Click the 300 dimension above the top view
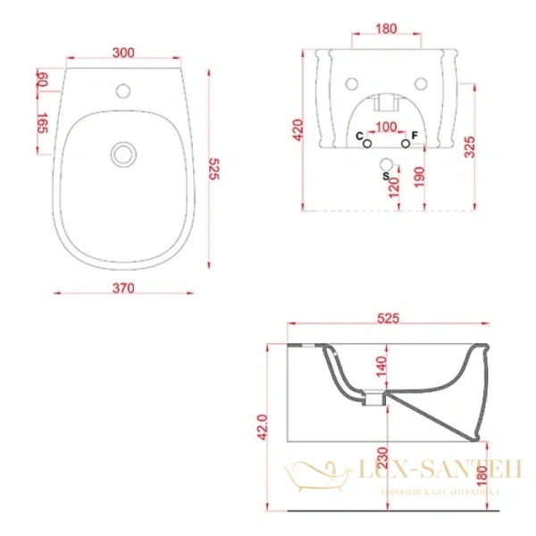(123, 53)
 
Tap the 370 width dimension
(123, 288)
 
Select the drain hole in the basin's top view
(122, 155)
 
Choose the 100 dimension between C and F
(385, 127)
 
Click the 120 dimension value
(394, 185)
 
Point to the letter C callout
(359, 135)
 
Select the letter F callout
(415, 135)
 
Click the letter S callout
(385, 178)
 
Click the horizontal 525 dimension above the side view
(386, 317)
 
